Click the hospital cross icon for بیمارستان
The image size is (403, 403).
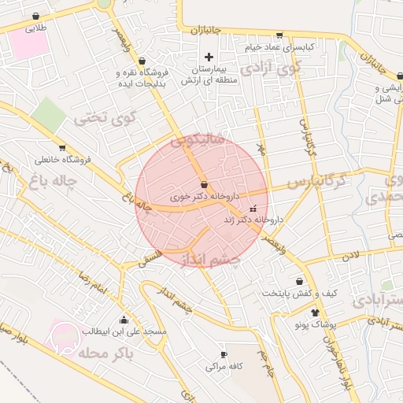click(x=209, y=57)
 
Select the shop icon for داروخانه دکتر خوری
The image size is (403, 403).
click(x=205, y=184)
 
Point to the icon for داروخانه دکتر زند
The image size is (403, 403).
click(x=252, y=209)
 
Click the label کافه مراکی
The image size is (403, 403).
click(x=224, y=367)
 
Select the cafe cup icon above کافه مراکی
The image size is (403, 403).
click(x=224, y=355)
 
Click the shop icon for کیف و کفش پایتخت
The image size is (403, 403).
click(x=300, y=281)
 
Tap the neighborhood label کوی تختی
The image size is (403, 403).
click(x=105, y=119)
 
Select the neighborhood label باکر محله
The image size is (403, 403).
click(x=106, y=351)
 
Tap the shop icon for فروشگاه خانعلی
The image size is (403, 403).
click(x=62, y=148)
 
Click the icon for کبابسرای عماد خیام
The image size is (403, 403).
click(x=279, y=35)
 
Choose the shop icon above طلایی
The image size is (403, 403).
click(x=36, y=17)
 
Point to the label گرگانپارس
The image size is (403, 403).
click(x=316, y=181)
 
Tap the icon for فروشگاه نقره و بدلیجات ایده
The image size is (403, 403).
click(x=142, y=60)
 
